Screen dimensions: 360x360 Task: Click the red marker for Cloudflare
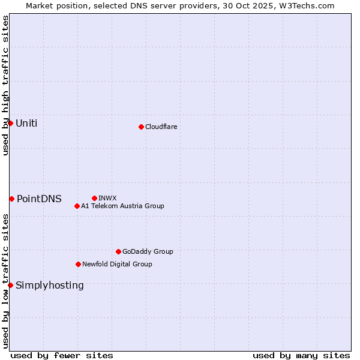point(141,127)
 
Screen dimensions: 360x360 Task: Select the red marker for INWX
point(94,198)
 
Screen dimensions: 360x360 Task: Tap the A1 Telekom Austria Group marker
point(77,206)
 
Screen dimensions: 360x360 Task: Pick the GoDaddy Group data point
point(118,251)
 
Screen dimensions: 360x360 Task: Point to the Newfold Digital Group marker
point(78,264)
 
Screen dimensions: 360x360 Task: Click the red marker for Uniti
point(10,123)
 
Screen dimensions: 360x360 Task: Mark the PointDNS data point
point(11,199)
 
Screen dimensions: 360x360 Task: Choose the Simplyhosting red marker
point(10,285)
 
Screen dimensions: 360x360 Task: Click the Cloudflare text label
point(161,127)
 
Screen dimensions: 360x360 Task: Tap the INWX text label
point(107,198)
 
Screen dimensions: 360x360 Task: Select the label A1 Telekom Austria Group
point(122,206)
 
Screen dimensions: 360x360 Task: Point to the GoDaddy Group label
point(148,251)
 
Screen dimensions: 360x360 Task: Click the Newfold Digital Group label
point(117,264)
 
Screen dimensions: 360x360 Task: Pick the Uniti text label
point(26,124)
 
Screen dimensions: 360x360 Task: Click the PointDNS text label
point(39,199)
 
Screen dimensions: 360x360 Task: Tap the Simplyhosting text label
point(50,286)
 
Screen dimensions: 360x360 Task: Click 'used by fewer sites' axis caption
point(62,355)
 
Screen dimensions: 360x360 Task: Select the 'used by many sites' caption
point(301,355)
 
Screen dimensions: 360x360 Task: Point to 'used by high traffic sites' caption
point(5,85)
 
